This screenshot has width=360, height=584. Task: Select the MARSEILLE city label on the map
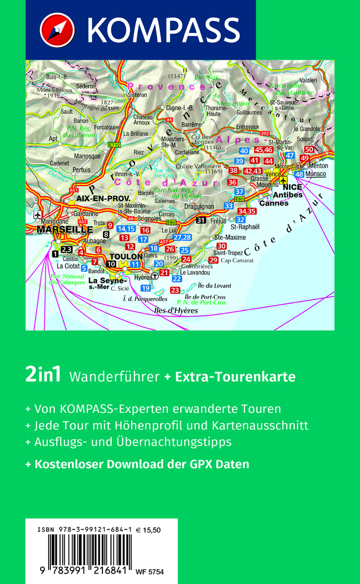[64, 229]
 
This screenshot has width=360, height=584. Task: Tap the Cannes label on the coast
[274, 203]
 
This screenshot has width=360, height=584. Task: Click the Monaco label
[315, 174]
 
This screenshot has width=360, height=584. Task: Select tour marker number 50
[309, 149]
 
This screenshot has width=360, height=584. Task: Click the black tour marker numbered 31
[200, 220]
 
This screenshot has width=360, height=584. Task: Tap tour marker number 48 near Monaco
[299, 174]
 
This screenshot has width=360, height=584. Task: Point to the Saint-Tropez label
[228, 252]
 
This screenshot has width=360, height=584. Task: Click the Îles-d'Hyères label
[176, 310]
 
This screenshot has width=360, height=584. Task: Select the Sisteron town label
[137, 94]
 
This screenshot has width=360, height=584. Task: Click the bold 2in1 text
[44, 376]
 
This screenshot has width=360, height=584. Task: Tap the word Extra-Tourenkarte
[235, 377]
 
